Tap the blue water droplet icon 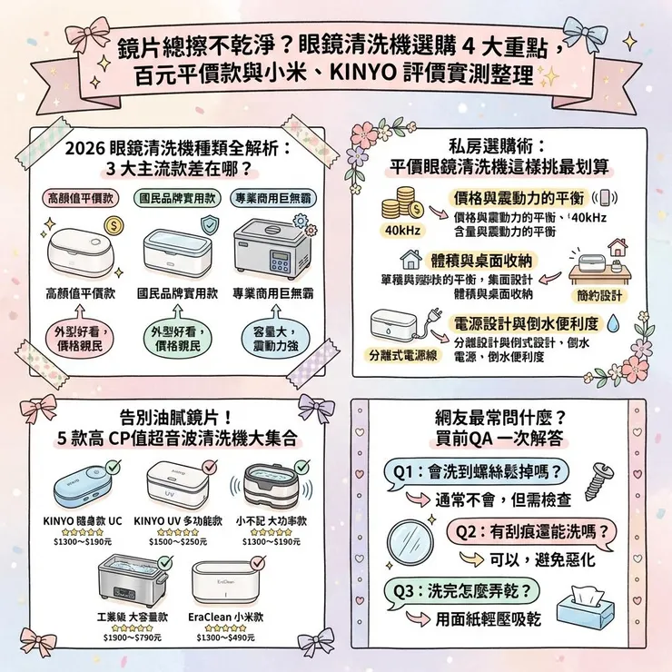(615, 321)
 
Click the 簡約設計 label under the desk (599, 295)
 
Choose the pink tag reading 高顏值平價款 (80, 198)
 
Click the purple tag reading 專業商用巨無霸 (273, 198)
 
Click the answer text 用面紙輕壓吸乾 (488, 619)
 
